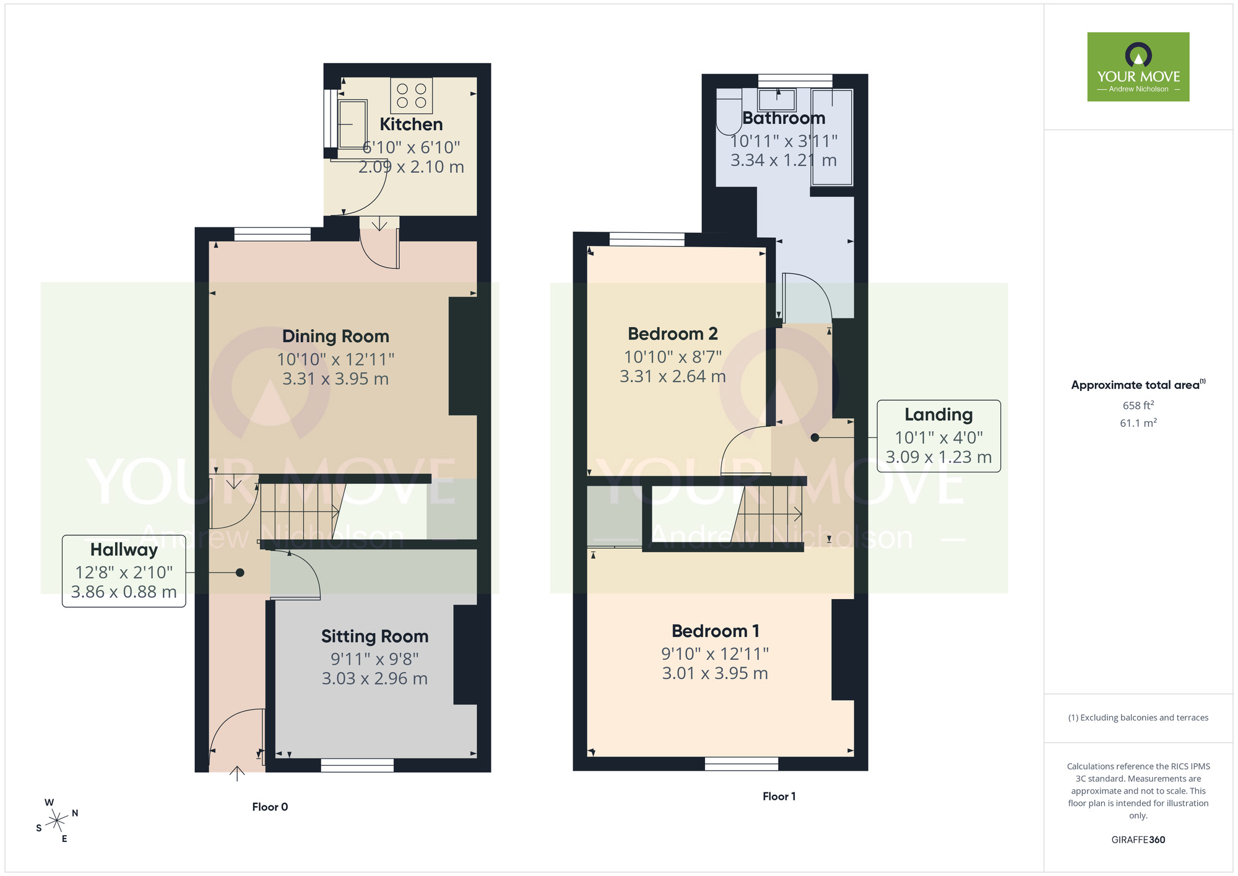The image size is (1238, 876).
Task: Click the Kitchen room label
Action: (x=411, y=125)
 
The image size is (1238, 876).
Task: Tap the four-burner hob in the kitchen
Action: (x=412, y=96)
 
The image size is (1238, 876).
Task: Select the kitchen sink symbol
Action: (x=352, y=124)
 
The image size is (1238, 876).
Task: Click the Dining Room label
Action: (x=335, y=336)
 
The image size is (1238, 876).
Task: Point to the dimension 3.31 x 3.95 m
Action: (x=335, y=379)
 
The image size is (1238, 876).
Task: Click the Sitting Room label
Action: (x=374, y=636)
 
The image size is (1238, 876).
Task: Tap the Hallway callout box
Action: (x=124, y=571)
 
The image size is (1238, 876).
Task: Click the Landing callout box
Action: (x=938, y=436)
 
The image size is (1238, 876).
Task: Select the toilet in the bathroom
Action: (x=729, y=112)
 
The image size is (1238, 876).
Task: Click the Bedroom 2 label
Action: (x=672, y=334)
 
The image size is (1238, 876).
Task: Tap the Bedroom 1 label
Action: (x=715, y=631)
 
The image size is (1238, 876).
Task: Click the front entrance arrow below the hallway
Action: (x=237, y=774)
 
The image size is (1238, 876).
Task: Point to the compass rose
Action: (x=57, y=821)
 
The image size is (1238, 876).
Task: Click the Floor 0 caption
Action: (x=270, y=807)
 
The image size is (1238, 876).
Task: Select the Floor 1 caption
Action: (x=779, y=796)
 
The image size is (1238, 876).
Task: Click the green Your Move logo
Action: (x=1138, y=67)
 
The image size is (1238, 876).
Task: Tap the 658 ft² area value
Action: (x=1138, y=406)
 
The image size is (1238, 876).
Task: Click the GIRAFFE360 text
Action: (x=1138, y=840)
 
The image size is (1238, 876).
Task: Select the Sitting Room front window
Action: (x=357, y=765)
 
